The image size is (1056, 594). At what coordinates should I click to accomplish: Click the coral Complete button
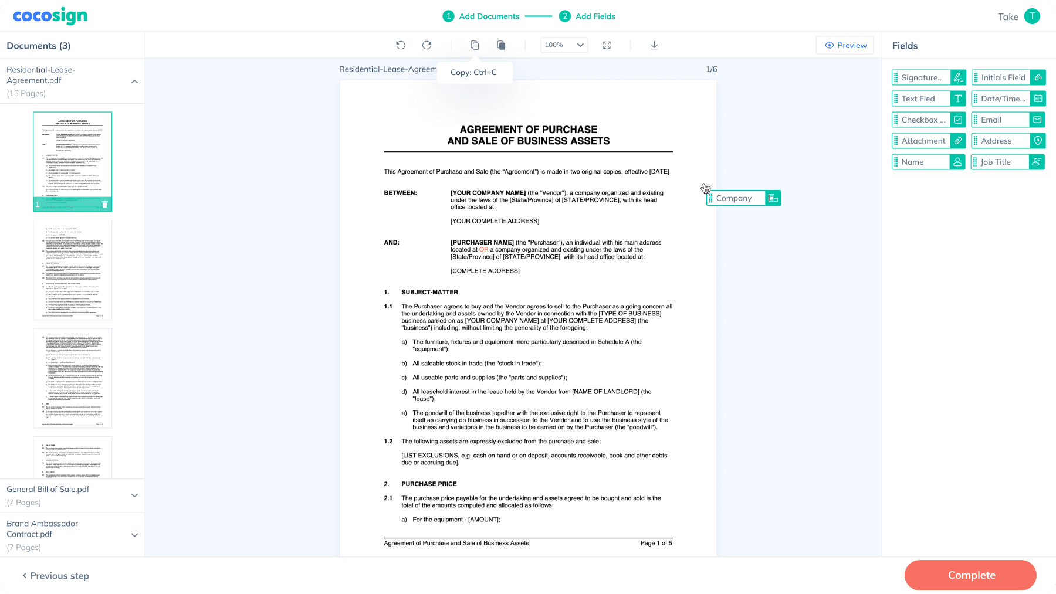(x=970, y=575)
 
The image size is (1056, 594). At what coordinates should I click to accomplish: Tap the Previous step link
(x=56, y=576)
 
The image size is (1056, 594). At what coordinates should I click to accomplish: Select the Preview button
(x=845, y=45)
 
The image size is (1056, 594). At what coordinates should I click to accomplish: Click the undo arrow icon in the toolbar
(x=401, y=45)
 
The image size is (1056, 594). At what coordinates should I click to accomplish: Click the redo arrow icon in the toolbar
(x=427, y=45)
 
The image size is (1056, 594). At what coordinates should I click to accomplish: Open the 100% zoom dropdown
(x=564, y=45)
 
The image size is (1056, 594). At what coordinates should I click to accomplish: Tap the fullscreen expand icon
(x=607, y=45)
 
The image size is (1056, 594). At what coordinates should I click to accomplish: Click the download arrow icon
(x=654, y=45)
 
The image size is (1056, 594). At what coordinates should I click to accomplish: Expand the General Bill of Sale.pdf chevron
(x=134, y=495)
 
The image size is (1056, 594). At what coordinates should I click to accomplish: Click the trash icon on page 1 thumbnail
(x=105, y=204)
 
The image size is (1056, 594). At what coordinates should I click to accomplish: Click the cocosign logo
(x=50, y=16)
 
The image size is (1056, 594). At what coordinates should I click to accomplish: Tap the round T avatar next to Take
(x=1032, y=16)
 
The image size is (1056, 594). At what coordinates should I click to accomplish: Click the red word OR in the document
(x=483, y=250)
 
